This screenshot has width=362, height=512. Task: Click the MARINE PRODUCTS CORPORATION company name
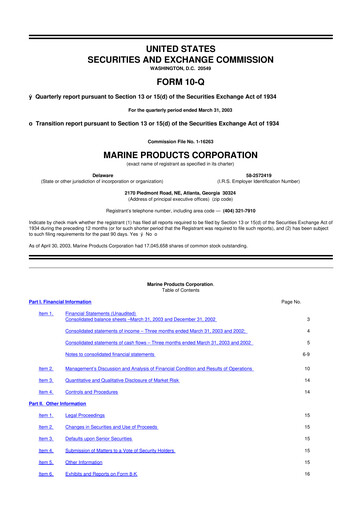coord(181,157)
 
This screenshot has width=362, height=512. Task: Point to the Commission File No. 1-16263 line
coord(181,142)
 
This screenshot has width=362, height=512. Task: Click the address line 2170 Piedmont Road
coord(181,190)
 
